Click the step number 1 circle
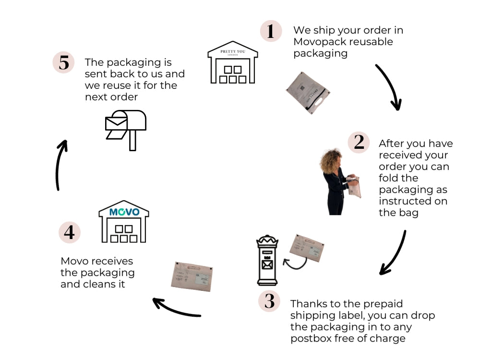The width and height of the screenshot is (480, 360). (x=271, y=31)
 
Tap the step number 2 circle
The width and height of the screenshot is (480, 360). (x=359, y=142)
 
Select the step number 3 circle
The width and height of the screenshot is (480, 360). (x=269, y=301)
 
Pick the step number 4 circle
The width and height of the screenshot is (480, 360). (x=70, y=232)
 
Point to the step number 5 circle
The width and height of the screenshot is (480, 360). (x=64, y=63)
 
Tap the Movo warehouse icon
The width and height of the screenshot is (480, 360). (x=124, y=222)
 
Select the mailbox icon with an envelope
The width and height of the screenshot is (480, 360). (x=125, y=128)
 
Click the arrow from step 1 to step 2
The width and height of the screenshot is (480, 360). (x=390, y=87)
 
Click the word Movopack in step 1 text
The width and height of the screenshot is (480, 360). (x=319, y=42)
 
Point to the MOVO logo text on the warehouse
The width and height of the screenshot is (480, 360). (x=124, y=212)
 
